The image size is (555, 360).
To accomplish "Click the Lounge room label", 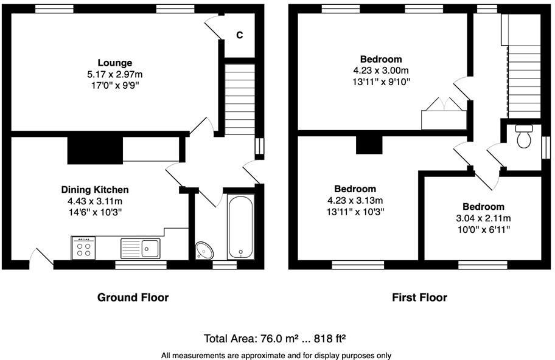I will [114, 63].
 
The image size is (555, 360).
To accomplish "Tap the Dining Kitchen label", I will [94, 190].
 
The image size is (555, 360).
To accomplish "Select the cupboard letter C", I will [240, 35].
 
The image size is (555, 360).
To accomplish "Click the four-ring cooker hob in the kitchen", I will [83, 247].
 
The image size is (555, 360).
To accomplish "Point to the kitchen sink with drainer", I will [140, 248].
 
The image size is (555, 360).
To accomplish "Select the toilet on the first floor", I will [523, 137].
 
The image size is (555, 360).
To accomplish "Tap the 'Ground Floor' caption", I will [133, 297].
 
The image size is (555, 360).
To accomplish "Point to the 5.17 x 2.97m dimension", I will [114, 74].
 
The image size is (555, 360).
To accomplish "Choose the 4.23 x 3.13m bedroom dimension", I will [355, 201].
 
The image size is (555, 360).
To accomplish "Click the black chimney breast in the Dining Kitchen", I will [94, 150].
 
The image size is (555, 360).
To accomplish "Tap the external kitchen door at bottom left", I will [40, 257].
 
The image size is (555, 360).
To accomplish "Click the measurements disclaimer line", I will [277, 355].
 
